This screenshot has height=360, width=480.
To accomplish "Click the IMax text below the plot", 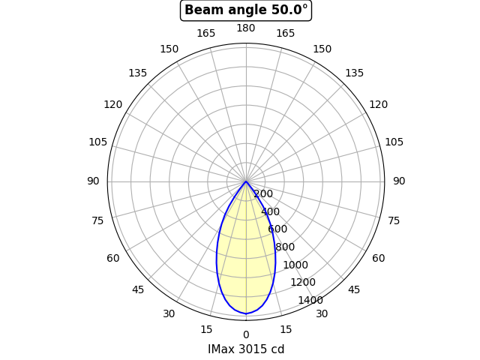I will tap(220, 349).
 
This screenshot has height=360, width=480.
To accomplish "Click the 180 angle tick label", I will tap(246, 28).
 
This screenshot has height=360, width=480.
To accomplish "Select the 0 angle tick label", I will tap(246, 334).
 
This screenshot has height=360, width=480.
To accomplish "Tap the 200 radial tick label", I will tap(263, 194).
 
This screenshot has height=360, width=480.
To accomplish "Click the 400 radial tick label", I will tap(271, 212).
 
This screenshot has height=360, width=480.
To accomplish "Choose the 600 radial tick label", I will tap(277, 229).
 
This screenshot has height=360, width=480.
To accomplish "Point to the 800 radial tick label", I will tap(285, 247).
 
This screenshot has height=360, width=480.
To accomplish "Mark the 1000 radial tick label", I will tap(295, 265).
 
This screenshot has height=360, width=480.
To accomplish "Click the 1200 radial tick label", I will tap(303, 282).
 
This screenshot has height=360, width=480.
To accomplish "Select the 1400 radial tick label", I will tap(310, 300).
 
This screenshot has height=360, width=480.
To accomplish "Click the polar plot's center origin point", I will tap(246, 181).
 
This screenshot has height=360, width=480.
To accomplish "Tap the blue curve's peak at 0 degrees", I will tap(246, 313).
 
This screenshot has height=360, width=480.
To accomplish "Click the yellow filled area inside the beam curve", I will tap(246, 262).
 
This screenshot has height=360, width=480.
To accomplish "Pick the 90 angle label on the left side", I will tap(93, 181).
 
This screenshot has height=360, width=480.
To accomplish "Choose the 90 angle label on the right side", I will tap(399, 181).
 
